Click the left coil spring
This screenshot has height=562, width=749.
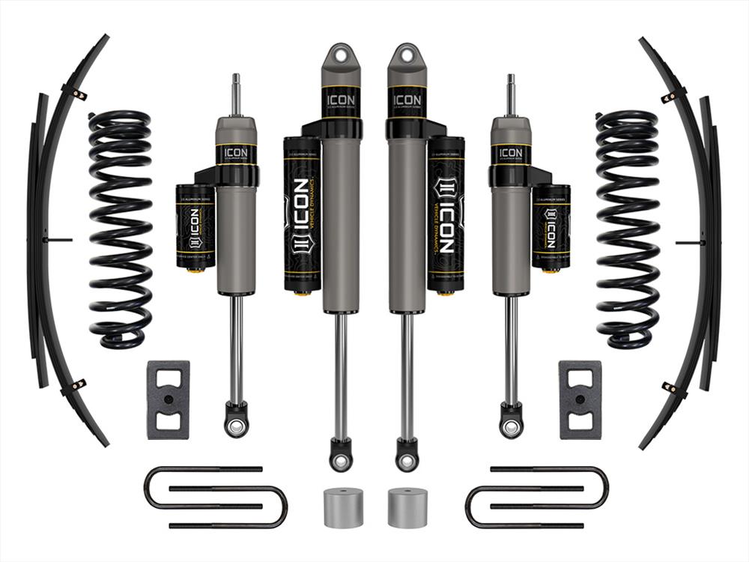pyautogui.click(x=120, y=229)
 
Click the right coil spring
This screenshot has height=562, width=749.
pyautogui.click(x=628, y=229)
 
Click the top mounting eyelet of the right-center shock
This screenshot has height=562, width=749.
pyautogui.click(x=407, y=57)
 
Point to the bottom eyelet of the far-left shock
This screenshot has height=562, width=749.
pyautogui.click(x=236, y=426)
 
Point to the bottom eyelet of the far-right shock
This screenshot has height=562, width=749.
pyautogui.click(x=511, y=426)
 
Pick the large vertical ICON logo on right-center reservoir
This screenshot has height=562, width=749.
pyautogui.click(x=446, y=217)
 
